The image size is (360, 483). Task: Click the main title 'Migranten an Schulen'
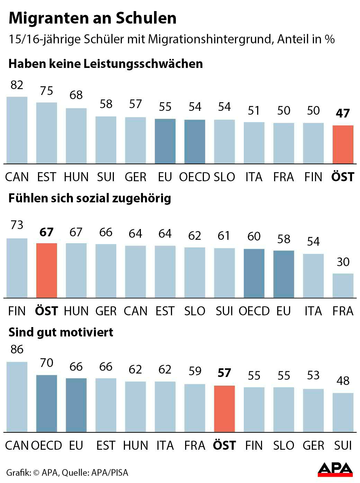coord(92,18)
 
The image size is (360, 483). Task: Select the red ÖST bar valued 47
coord(343,144)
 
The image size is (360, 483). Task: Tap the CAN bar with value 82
coord(17,130)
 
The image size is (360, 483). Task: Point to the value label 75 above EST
coord(46,91)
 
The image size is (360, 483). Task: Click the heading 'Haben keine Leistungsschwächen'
coord(106,64)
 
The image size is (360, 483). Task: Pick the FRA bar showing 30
coord(343,286)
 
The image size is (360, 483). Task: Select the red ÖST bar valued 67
coord(46,270)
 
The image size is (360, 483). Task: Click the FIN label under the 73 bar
coord(17,311)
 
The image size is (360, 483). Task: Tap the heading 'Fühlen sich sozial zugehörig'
coord(90,198)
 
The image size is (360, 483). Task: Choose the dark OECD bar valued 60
coord(254,273)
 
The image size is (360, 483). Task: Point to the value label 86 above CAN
coord(17,349)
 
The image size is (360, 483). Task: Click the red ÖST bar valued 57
coord(224,409)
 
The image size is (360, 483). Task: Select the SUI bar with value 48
coord(343,412)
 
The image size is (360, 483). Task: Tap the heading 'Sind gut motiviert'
coord(61,332)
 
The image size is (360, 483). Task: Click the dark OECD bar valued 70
coord(46,403)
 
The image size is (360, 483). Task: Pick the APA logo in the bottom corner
coord(335,470)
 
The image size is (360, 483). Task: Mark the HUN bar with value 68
coord(76,136)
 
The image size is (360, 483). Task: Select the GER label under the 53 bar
coord(313,445)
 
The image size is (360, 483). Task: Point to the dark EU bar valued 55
coord(165,141)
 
